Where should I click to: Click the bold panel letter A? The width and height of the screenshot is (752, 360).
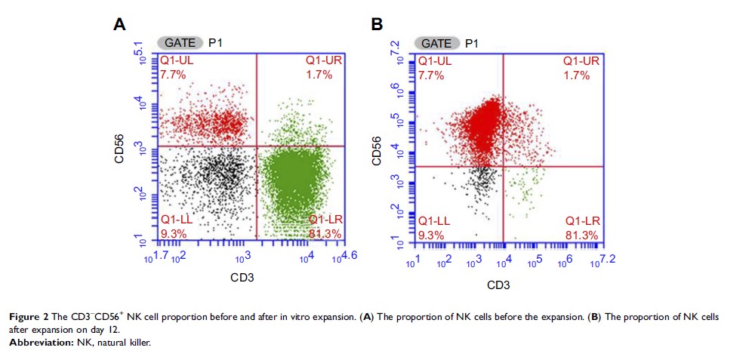[119, 24]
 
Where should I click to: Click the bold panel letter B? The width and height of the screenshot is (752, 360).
[378, 24]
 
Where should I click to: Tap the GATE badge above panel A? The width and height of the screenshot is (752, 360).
[180, 43]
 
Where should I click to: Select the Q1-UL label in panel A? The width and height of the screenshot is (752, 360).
[177, 60]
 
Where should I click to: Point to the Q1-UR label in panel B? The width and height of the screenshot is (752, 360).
[581, 60]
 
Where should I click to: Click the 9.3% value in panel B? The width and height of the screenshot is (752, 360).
[431, 235]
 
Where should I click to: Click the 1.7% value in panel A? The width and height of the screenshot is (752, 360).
[319, 75]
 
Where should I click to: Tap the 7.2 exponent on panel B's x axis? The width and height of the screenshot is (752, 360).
[609, 259]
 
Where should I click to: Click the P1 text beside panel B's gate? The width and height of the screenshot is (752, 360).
[472, 43]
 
